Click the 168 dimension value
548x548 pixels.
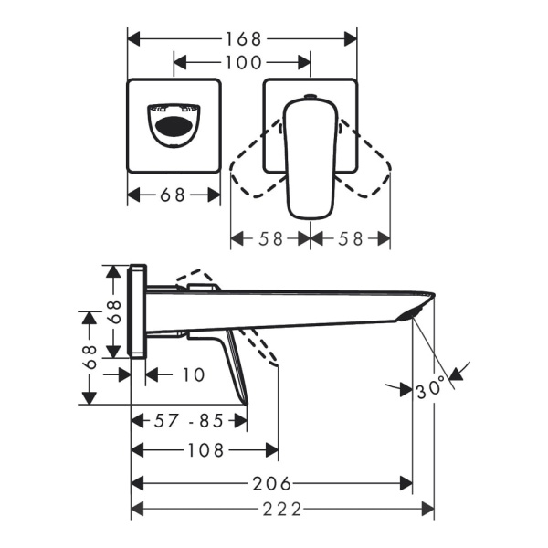244,38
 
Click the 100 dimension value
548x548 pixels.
243,62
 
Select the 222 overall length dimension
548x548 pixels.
282,510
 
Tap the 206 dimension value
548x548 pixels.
271,484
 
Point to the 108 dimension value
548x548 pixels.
205,450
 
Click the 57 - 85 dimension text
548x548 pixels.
189,421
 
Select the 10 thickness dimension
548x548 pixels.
194,374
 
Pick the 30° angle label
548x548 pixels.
431,388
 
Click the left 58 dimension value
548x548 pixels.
270,239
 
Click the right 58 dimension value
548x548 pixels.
350,239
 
